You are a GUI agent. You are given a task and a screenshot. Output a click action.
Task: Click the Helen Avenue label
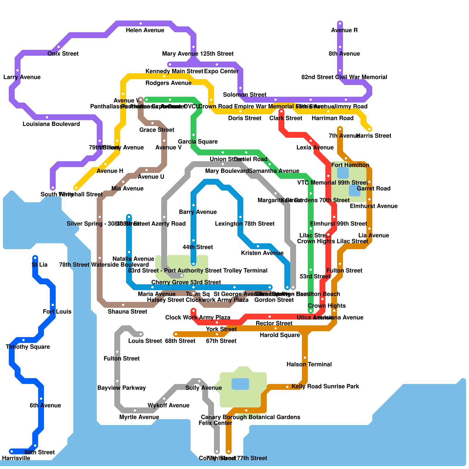coord(145,30)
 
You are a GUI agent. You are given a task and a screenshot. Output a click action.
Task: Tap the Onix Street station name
coord(63,54)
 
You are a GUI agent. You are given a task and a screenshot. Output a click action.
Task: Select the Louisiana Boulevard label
coord(51,124)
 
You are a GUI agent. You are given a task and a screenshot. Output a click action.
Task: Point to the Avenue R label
coord(344,30)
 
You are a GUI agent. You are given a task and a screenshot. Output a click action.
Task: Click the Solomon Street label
coord(244,95)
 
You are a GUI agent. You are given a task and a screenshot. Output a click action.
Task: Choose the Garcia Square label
coord(198,142)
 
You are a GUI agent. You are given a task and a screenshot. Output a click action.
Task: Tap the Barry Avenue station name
coord(198,212)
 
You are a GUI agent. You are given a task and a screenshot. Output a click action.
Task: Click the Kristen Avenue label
coord(262,253)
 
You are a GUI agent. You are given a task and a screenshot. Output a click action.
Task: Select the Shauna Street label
coord(127,312)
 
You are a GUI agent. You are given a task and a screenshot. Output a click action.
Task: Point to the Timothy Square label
coord(28,347)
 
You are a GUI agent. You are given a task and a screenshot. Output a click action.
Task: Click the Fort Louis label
coord(57,312)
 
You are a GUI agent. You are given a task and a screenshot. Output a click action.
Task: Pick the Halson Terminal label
coord(309,364)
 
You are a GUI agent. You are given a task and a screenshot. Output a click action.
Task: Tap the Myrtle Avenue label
coord(139,417)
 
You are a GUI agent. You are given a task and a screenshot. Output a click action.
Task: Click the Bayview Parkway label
coord(121,388)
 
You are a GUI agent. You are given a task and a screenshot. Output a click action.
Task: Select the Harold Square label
coord(280,335)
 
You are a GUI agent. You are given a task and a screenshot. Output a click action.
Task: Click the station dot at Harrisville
coord(12,451)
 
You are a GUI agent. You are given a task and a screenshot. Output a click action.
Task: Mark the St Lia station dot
coord(35,258)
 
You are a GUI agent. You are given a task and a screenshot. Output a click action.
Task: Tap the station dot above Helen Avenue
coord(141,23)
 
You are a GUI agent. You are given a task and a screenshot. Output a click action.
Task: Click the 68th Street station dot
coord(176,334)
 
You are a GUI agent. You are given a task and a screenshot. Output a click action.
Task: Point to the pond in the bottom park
coord(240,384)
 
